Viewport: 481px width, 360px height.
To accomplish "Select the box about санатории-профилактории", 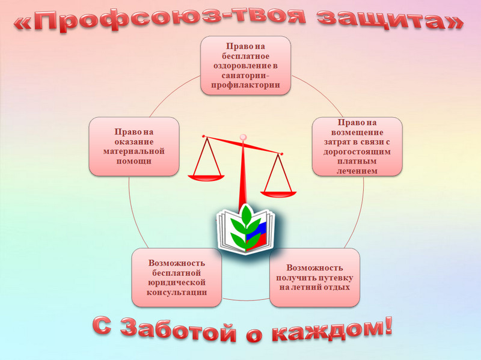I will tap(245, 66).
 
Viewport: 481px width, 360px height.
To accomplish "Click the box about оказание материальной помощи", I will tap(134, 146).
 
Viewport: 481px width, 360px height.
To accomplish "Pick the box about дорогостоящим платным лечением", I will tap(357, 147).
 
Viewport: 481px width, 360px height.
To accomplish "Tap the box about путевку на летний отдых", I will tap(314, 278).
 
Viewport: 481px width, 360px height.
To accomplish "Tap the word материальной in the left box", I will tap(133, 151).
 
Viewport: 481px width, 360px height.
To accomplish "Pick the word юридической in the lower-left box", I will tap(177, 282).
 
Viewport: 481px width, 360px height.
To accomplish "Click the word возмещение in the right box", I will tap(357, 131).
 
